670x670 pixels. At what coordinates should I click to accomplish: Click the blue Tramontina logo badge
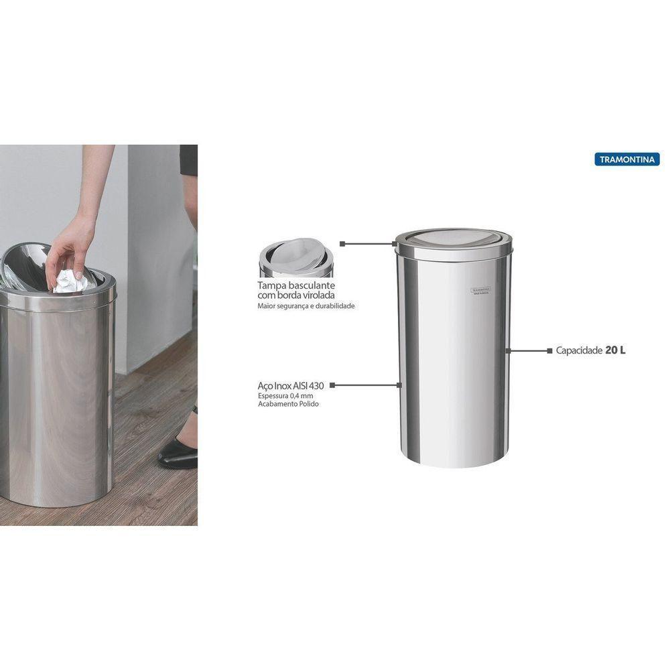click(x=626, y=159)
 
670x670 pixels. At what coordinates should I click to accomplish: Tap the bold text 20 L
click(x=615, y=350)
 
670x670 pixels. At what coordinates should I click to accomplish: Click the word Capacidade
click(x=579, y=350)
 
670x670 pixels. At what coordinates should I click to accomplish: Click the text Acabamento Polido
click(x=289, y=405)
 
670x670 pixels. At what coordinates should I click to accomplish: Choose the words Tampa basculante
click(x=296, y=285)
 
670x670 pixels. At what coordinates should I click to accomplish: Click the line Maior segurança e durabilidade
click(x=306, y=306)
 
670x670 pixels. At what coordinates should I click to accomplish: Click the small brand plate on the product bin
click(x=478, y=290)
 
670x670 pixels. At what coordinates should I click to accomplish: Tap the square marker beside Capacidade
click(x=550, y=350)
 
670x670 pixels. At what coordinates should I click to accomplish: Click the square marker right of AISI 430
click(x=332, y=385)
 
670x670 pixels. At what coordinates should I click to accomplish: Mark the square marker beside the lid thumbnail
click(x=342, y=244)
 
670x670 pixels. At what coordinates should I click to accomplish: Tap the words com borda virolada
click(x=296, y=295)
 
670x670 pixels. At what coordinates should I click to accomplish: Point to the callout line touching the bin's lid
click(x=368, y=244)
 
